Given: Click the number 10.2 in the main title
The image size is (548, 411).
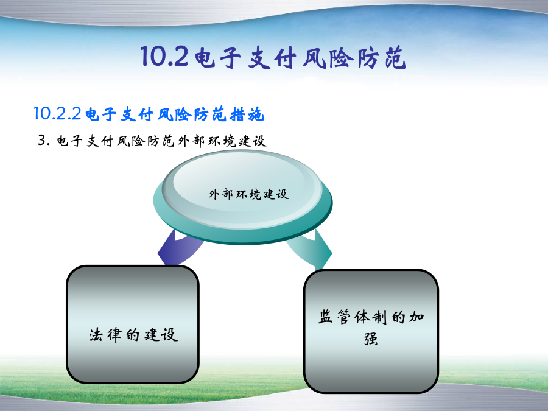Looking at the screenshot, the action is click(x=164, y=57).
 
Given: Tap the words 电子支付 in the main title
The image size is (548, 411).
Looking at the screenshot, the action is click(x=245, y=57).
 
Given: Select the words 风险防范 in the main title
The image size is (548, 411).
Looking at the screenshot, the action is click(x=354, y=57).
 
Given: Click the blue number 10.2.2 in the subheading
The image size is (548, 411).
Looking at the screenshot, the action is click(x=57, y=114).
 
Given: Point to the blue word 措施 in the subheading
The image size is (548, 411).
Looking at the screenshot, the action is click(x=247, y=114).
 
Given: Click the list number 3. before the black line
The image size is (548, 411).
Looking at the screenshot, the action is click(x=44, y=141).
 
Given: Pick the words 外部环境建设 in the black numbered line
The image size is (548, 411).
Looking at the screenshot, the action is click(x=222, y=141).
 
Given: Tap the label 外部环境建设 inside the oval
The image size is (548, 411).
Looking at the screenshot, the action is click(x=249, y=194).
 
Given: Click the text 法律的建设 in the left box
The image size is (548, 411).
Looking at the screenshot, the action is click(x=133, y=335).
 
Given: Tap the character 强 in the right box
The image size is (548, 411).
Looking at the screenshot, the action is click(x=371, y=339).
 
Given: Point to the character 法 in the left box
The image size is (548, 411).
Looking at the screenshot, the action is click(x=96, y=335).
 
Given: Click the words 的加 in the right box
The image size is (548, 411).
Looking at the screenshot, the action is click(x=407, y=317).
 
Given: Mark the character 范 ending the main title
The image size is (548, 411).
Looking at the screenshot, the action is click(x=395, y=58).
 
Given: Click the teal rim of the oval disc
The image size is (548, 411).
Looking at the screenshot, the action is click(x=242, y=235).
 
